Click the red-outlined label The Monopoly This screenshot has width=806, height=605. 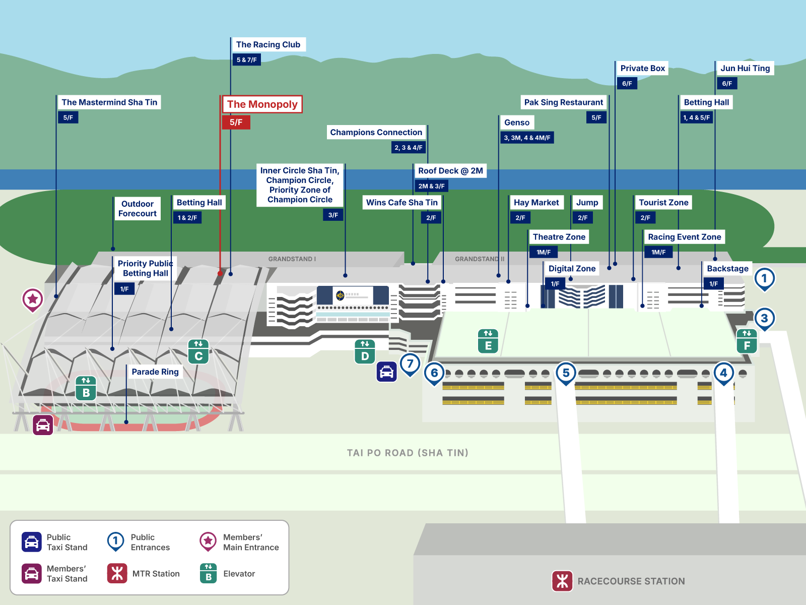tap(262, 104)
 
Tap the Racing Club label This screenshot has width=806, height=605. tap(268, 44)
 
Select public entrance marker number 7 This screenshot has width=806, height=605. tap(410, 364)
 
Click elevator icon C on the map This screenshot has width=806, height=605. tap(198, 351)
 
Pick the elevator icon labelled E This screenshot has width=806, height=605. tap(488, 341)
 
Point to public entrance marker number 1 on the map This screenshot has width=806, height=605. tap(764, 278)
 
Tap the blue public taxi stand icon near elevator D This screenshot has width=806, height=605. tap(386, 372)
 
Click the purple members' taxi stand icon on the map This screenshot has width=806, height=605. tap(43, 425)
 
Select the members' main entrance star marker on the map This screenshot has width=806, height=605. tap(33, 299)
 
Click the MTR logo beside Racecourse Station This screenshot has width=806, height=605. tap(562, 581)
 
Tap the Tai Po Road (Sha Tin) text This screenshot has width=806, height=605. tap(408, 453)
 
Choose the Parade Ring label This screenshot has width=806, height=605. tap(155, 372)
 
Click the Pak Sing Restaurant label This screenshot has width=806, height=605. tap(563, 102)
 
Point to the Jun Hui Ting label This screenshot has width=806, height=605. tap(745, 68)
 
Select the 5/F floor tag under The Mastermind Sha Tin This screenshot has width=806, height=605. tap(68, 117)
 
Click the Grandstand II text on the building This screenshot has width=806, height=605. tap(480, 259)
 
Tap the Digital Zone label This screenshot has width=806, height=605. tap(572, 268)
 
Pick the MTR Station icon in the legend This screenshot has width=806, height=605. tap(117, 573)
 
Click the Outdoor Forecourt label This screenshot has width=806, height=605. tap(138, 209)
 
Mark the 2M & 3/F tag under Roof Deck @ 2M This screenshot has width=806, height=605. tap(431, 186)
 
